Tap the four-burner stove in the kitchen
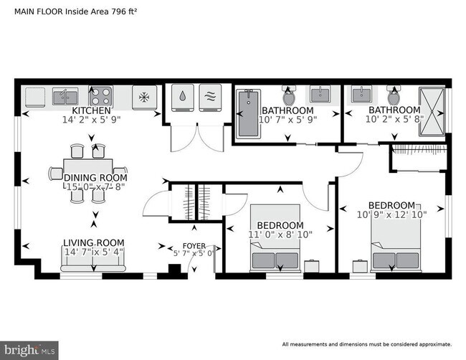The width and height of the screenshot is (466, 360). pos(100,96)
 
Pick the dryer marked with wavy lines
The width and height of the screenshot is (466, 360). pos(210,98)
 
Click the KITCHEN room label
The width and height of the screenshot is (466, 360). pos(90,111)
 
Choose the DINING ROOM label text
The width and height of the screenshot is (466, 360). pos(95,178)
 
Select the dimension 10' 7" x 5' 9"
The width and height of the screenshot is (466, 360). pos(287,120)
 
